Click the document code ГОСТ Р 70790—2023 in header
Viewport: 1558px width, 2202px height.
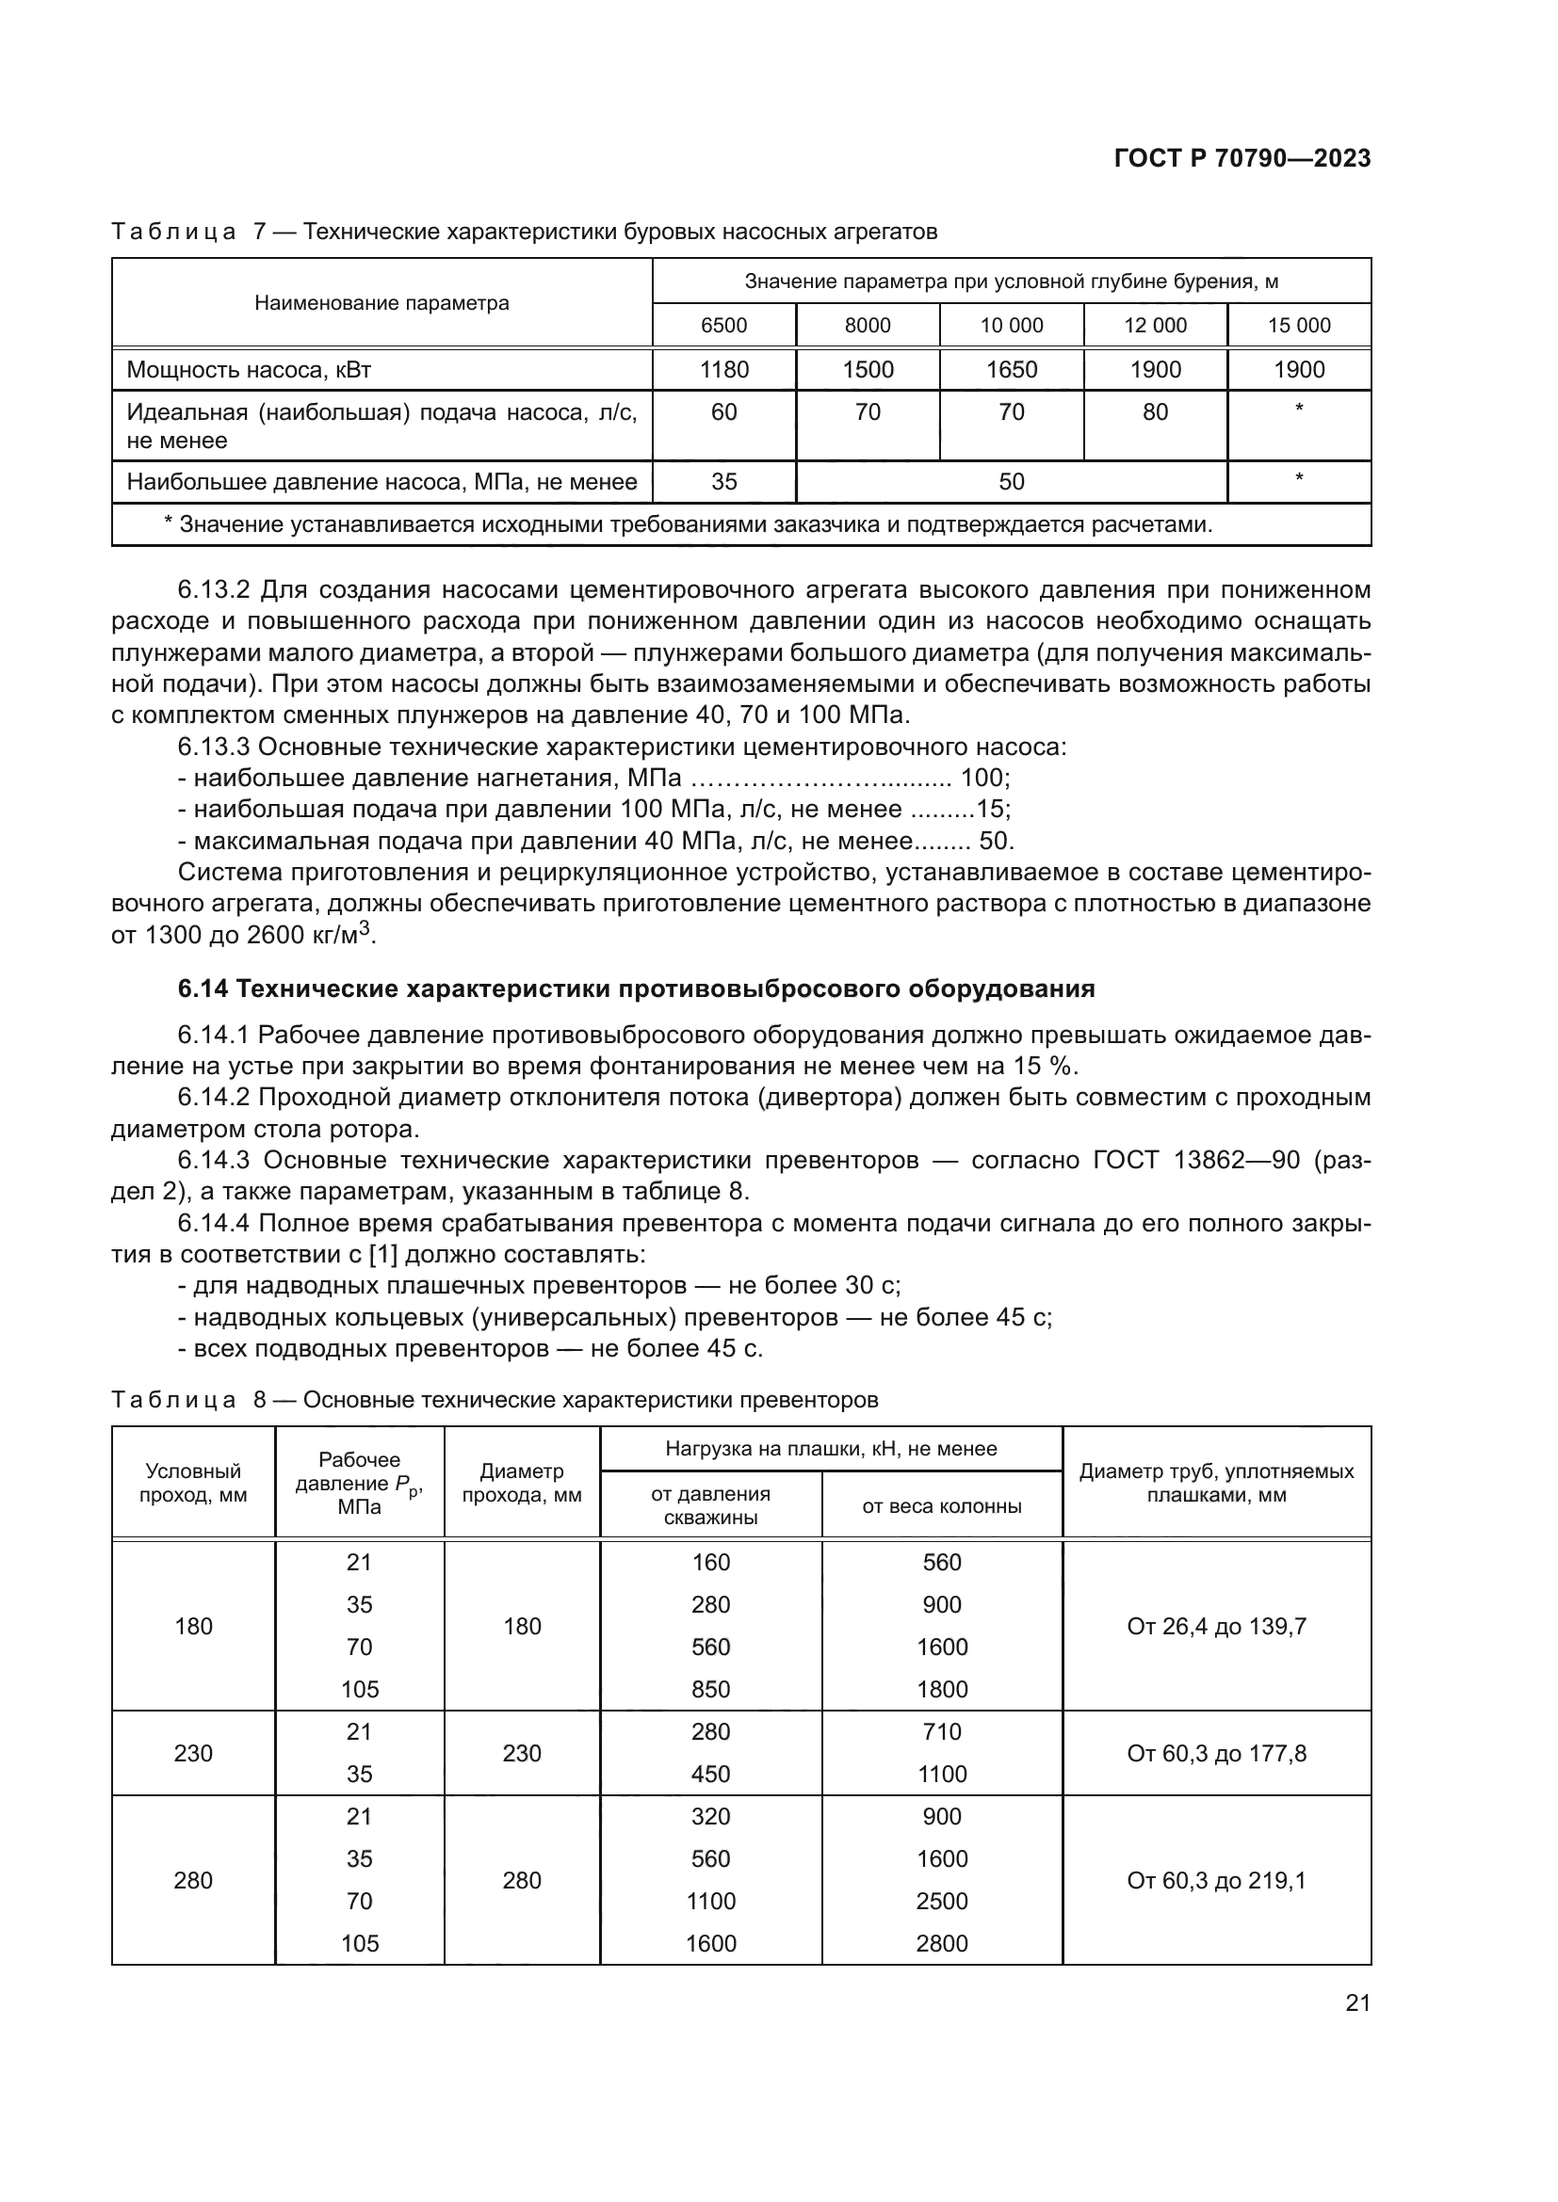coord(1242,159)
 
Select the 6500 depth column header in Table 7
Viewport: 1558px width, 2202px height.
coord(723,325)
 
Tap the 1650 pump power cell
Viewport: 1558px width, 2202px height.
coord(1011,369)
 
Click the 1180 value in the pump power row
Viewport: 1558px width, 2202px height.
coord(723,369)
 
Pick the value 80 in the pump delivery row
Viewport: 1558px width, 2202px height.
coord(1155,412)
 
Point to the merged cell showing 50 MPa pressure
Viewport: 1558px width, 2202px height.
coord(1011,481)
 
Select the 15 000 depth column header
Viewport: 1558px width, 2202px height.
coord(1299,325)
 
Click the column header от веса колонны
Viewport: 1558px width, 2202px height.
coord(941,1506)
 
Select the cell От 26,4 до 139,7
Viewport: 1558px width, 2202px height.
coord(1216,1627)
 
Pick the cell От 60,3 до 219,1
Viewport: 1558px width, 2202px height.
coord(1216,1881)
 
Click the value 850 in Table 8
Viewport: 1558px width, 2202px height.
coord(711,1690)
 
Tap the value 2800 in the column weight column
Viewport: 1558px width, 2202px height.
coord(941,1944)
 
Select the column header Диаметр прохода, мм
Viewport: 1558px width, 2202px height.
coord(522,1484)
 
